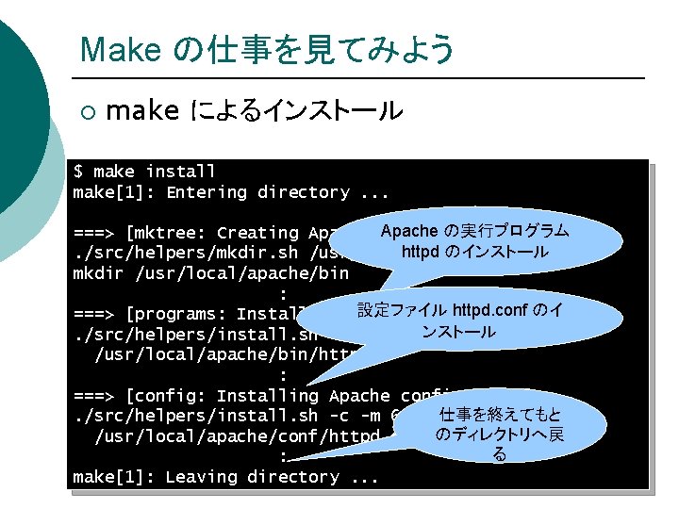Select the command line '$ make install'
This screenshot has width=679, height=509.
pos(145,172)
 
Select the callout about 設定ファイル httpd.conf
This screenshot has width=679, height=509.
pos(459,320)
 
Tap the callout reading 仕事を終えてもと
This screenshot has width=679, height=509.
pos(500,435)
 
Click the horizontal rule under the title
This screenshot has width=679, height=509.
pos(358,77)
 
